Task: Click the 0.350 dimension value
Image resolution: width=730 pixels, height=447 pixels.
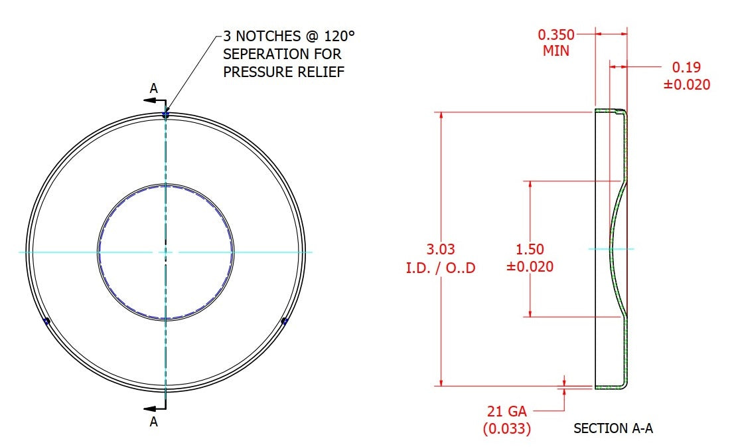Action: click(556, 35)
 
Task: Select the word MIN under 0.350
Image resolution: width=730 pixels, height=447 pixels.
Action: click(556, 50)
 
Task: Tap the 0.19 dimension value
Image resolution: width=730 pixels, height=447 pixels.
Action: click(686, 67)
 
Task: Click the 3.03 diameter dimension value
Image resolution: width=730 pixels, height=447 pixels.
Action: click(441, 249)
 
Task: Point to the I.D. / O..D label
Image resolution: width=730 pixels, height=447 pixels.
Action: click(441, 268)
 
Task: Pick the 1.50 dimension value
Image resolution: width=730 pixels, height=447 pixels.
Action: click(530, 249)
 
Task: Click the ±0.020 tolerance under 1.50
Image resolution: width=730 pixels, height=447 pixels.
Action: click(530, 266)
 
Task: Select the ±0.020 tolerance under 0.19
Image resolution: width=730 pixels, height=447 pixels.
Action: click(687, 85)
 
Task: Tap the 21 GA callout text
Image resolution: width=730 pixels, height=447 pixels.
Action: click(507, 412)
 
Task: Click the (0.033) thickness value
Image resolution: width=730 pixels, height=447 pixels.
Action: click(507, 428)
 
